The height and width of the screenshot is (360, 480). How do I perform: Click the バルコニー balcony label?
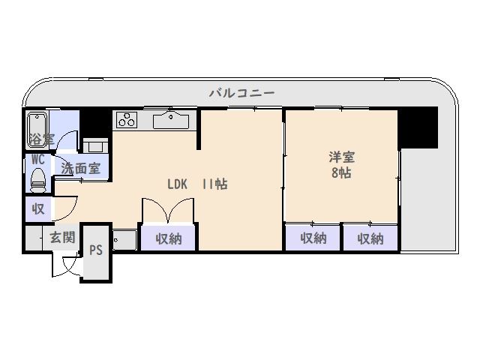coord(241,92)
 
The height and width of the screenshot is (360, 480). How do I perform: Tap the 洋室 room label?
coord(342,157)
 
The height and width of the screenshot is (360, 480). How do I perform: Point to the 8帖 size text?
coord(341,173)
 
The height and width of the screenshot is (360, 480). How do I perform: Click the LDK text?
coord(177,184)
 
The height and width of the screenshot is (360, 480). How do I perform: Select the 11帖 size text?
coord(214,184)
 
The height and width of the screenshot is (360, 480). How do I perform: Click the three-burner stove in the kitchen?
coord(127,120)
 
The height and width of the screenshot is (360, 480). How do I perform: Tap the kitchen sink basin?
coord(171,120)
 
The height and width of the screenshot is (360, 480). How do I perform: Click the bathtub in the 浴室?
coord(37,130)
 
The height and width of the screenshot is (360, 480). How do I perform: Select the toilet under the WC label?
coord(38,181)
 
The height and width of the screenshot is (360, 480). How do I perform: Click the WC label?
coord(38,160)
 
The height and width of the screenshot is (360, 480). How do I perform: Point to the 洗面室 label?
coord(80,169)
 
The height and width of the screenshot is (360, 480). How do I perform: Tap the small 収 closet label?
coord(38,209)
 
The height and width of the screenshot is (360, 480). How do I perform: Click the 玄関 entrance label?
coord(62,237)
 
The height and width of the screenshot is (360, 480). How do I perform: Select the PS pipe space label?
coord(96,250)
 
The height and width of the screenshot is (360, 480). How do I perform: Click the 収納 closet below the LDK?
coord(168,238)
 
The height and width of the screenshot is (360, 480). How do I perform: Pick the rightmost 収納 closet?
coord(370,238)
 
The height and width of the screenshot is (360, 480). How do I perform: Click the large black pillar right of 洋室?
coord(418,127)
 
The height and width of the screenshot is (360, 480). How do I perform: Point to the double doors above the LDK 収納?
coord(168,210)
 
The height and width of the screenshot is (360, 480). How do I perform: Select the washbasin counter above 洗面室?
coord(95,145)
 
